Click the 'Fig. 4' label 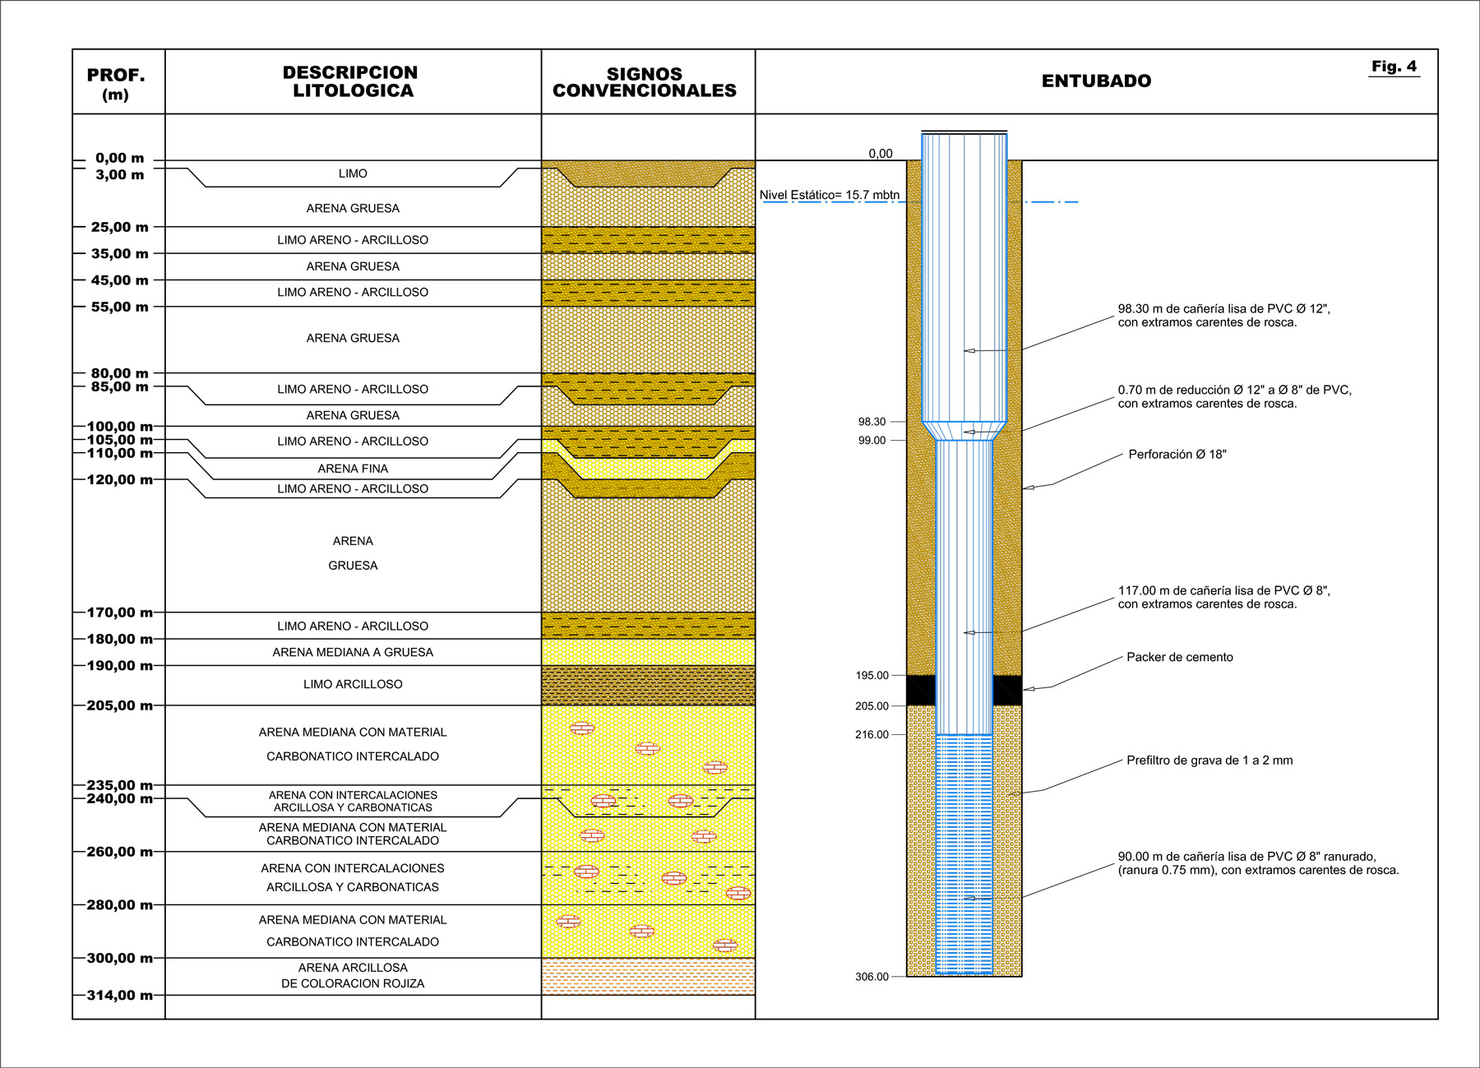1394,67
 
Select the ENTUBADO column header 1096,81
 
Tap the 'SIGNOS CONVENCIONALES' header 645,82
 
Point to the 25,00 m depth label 120,227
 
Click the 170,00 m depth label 120,613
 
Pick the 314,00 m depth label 120,996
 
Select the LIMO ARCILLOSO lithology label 353,684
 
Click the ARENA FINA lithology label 353,469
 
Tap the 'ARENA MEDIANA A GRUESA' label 353,652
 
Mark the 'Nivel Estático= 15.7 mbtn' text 829,196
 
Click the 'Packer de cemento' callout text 1179,657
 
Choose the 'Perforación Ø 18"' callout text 1177,455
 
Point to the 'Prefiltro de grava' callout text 1209,761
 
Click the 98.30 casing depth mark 872,422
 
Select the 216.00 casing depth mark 872,734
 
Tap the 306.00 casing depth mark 872,977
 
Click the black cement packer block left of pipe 921,691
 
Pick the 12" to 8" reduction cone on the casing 964,432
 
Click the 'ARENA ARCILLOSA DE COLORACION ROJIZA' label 353,975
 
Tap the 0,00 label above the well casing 880,154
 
